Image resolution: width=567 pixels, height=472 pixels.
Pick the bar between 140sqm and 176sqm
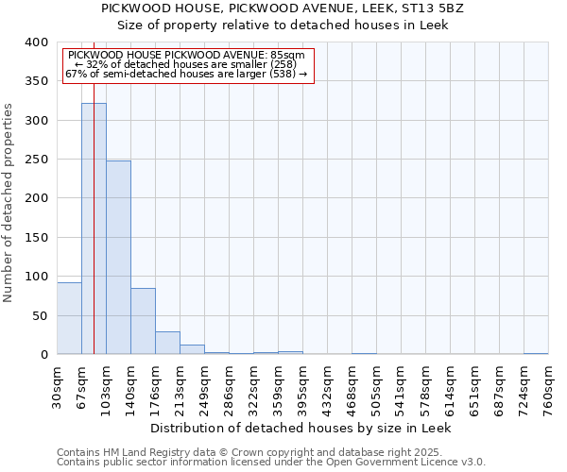tap(143, 321)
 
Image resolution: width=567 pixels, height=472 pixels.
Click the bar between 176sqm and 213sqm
tap(167, 343)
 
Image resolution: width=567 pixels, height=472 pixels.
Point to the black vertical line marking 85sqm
tap(94, 189)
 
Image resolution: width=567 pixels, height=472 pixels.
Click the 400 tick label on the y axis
tap(37, 42)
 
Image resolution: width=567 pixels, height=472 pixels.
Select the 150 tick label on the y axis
tap(37, 238)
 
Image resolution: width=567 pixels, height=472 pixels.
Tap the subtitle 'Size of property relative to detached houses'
tap(283, 25)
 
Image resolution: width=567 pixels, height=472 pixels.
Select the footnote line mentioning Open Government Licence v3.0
tap(271, 463)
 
